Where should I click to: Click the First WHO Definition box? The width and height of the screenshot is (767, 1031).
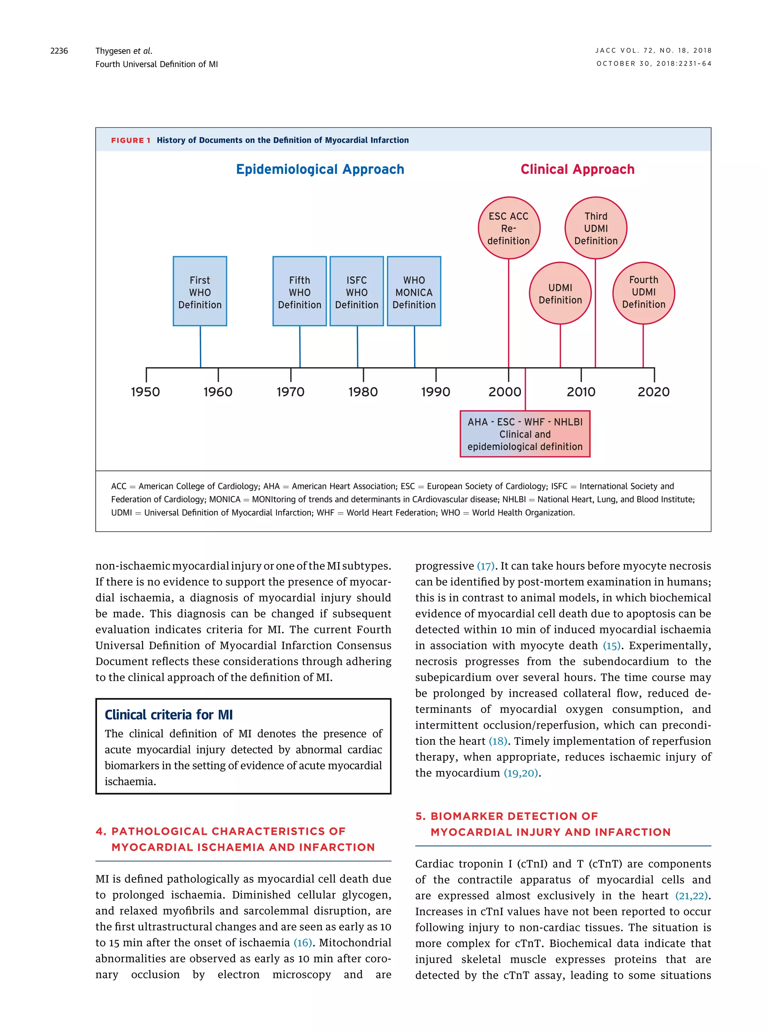[x=200, y=291]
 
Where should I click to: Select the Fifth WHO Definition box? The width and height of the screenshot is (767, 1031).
[x=300, y=291]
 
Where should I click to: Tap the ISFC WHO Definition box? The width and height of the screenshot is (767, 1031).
[x=357, y=291]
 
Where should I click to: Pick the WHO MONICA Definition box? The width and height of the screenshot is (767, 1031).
[x=414, y=291]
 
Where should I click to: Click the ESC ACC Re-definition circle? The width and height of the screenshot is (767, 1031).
[x=509, y=228]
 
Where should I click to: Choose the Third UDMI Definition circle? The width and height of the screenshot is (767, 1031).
[x=596, y=228]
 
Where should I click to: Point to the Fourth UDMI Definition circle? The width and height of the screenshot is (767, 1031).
[x=643, y=293]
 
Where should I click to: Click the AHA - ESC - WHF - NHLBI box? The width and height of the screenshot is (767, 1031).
[x=525, y=434]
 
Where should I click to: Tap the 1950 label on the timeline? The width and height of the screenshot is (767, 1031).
[x=145, y=392]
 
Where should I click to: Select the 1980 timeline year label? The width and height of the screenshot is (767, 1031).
[x=363, y=392]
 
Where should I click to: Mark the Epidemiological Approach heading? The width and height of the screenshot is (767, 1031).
[x=320, y=169]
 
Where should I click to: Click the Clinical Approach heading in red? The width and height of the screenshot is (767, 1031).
[x=577, y=169]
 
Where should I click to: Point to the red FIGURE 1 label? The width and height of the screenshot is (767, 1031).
[x=130, y=140]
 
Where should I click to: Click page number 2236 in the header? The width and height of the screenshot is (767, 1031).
[x=59, y=51]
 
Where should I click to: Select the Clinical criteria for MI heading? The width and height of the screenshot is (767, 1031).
[x=169, y=715]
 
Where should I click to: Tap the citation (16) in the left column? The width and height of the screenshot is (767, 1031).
[x=303, y=943]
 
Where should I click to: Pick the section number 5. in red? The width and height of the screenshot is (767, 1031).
[x=420, y=816]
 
